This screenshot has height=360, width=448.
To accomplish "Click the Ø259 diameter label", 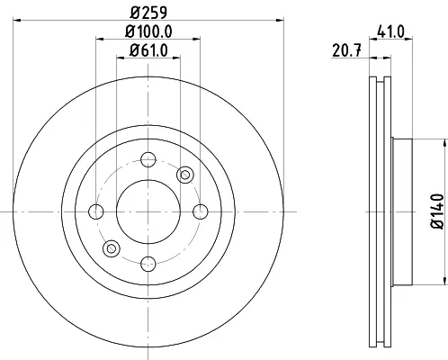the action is pos(148,13).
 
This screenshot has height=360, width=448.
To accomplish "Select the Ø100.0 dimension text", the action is pos(148,31).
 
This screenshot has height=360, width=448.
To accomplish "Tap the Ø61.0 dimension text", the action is pos(148,50).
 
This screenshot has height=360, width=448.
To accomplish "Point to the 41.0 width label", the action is pos(390,31).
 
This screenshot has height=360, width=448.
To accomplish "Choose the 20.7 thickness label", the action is pos(347,50).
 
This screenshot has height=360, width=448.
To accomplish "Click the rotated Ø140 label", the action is pos(437,211).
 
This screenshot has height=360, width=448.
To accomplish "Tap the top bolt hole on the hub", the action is pos(148,159).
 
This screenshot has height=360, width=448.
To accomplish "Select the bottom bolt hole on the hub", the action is pos(148,264).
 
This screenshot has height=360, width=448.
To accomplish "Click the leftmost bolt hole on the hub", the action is pos(96,211).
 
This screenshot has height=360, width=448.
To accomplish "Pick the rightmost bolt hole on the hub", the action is pos(201,211).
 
